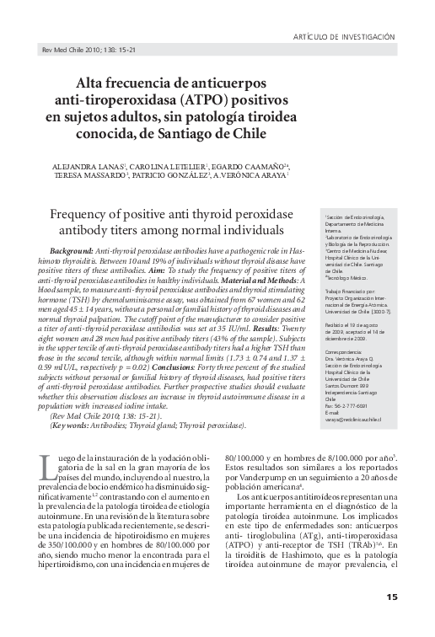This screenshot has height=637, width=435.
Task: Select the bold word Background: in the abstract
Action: click(72, 252)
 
